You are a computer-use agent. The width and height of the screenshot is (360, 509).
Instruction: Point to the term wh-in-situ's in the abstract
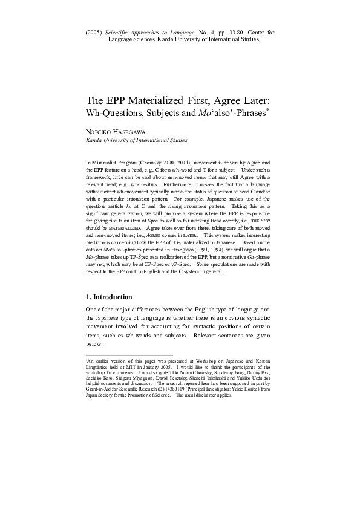tap(159, 181)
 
